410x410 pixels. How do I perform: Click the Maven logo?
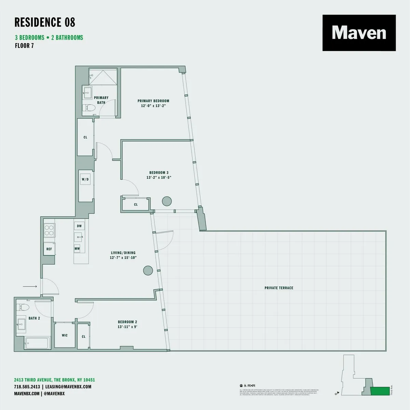point(359,33)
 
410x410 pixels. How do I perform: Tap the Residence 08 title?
point(45,22)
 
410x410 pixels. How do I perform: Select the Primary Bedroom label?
point(153,101)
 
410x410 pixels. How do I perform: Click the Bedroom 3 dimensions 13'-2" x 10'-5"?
point(159,178)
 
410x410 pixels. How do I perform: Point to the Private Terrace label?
point(279,288)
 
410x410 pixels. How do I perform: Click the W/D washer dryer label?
point(85,179)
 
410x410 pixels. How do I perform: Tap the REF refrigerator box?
point(49,249)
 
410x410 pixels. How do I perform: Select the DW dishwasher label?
point(79,226)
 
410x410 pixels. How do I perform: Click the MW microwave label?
point(77,249)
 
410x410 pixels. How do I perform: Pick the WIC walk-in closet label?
point(65,336)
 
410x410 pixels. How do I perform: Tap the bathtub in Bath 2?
point(33,343)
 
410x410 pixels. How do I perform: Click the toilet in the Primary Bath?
point(90,108)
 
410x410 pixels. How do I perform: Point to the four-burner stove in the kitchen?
point(49,230)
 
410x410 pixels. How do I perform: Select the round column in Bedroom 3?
point(167,201)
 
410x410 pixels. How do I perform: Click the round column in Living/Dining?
point(148,271)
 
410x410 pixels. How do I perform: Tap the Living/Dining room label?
point(123,253)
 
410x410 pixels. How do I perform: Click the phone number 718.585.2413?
point(27,387)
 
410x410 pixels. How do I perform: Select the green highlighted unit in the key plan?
point(380,392)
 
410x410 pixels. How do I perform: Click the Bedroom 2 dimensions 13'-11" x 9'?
point(127,327)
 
